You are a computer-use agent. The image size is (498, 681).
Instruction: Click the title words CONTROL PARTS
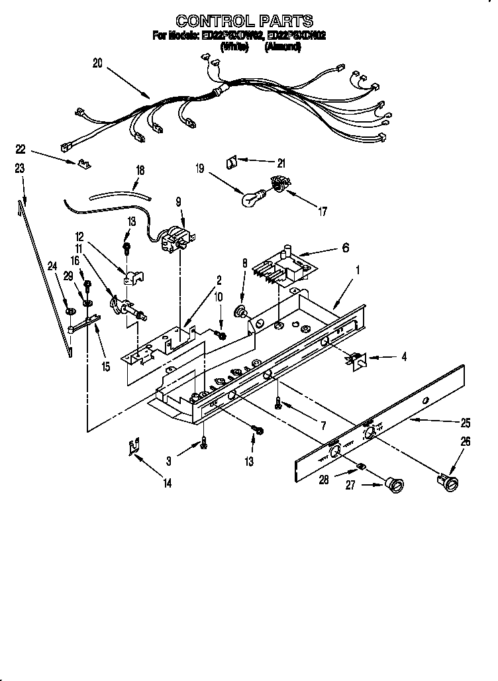(x=244, y=21)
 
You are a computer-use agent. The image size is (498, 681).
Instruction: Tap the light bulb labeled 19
(x=253, y=197)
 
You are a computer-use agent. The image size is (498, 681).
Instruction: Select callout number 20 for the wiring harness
(x=98, y=64)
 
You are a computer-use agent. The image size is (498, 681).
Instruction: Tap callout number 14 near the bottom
(x=167, y=484)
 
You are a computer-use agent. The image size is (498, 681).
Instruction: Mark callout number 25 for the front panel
(x=465, y=421)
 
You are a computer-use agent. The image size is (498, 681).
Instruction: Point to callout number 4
(x=403, y=356)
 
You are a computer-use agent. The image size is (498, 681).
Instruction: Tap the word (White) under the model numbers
(x=234, y=47)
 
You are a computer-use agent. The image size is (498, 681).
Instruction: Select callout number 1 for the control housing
(x=358, y=270)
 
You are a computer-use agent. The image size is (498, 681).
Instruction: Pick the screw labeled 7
(x=279, y=402)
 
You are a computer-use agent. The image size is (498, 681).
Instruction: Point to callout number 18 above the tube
(x=140, y=170)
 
